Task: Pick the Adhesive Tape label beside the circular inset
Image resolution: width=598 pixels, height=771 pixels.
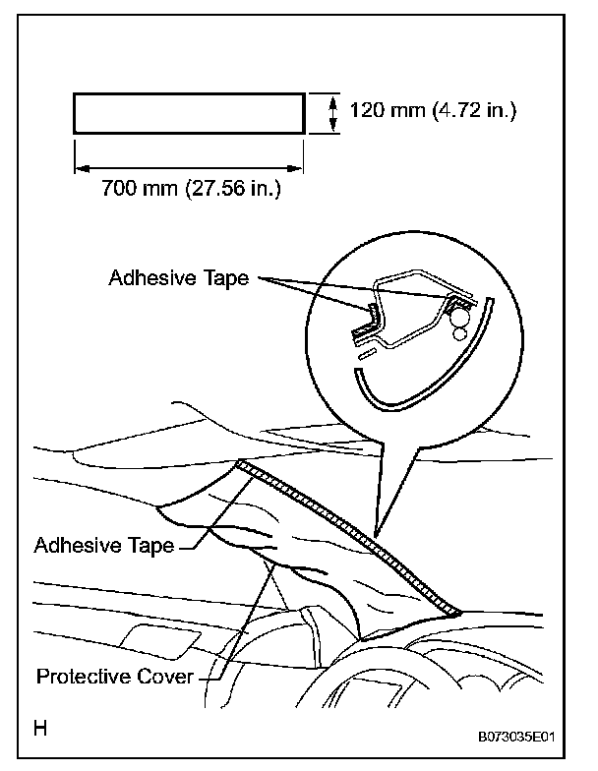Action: click(x=181, y=278)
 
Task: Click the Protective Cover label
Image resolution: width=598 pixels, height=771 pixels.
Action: click(x=114, y=677)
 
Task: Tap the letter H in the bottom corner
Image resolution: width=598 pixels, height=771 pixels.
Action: click(x=40, y=730)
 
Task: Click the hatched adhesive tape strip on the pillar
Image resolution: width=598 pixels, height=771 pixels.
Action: click(x=354, y=536)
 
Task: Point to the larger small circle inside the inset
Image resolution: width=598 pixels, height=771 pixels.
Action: click(x=459, y=333)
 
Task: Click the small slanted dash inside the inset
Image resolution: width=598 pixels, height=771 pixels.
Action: click(x=365, y=349)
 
